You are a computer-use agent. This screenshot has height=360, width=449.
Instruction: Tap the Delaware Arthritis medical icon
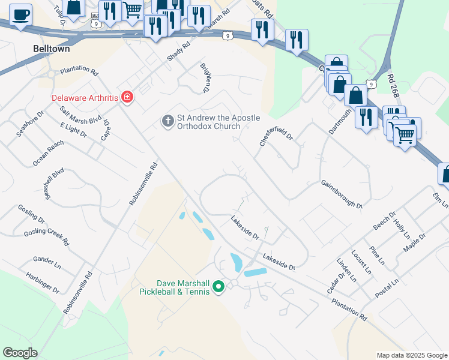point(127,97)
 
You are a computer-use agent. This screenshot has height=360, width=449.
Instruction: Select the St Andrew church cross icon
point(167,121)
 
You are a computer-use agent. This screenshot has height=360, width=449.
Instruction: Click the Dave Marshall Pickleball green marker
point(218,287)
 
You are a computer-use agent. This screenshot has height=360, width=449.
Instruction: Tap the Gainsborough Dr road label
point(342,194)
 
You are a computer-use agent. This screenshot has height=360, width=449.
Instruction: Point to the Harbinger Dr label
point(43,283)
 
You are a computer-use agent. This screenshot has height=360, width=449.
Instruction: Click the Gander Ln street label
point(47,262)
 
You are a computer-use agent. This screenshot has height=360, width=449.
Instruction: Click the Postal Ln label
point(387,287)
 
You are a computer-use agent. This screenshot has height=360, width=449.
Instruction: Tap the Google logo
point(20,353)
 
